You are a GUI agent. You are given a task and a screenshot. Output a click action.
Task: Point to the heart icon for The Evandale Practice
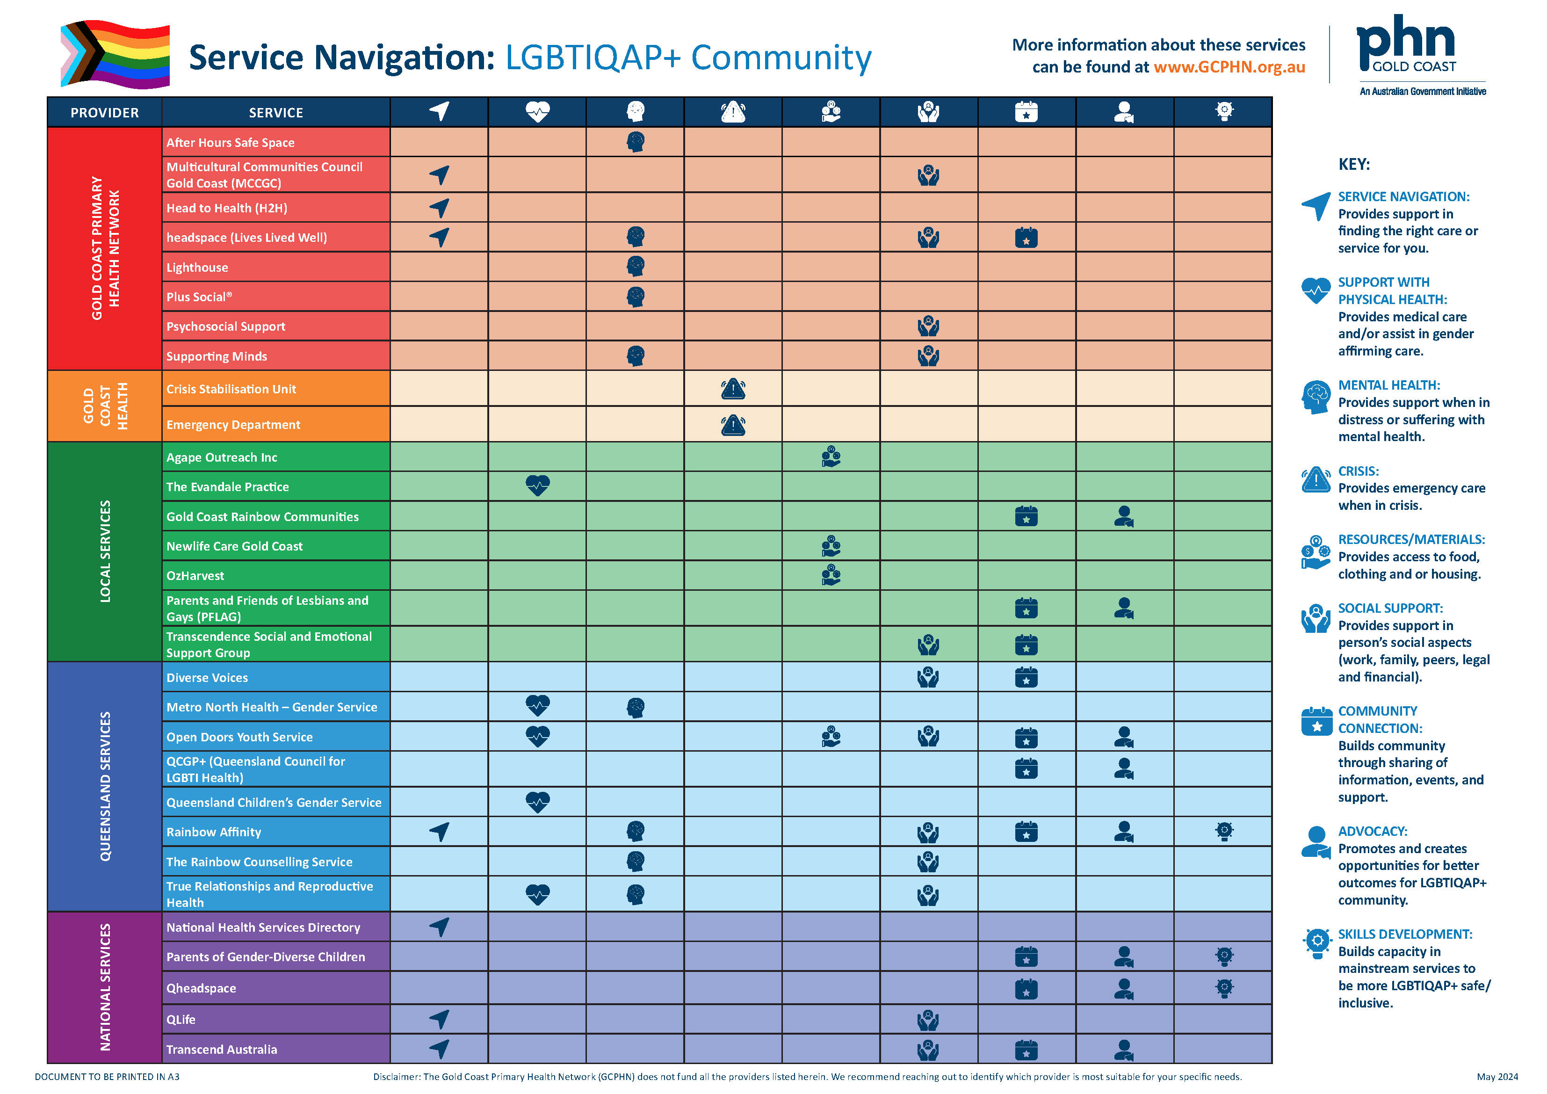click(537, 486)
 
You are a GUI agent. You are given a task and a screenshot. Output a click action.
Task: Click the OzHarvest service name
click(195, 576)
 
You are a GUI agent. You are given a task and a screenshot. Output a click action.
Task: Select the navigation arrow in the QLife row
click(439, 1019)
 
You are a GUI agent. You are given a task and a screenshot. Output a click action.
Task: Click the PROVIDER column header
click(104, 113)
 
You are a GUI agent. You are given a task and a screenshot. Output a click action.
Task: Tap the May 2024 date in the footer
click(1496, 1077)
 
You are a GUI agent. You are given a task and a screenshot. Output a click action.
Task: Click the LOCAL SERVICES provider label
click(105, 551)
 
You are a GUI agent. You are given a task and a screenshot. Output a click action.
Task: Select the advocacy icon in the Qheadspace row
click(1123, 989)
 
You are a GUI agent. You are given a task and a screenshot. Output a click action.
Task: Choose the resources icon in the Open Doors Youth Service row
click(831, 737)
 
